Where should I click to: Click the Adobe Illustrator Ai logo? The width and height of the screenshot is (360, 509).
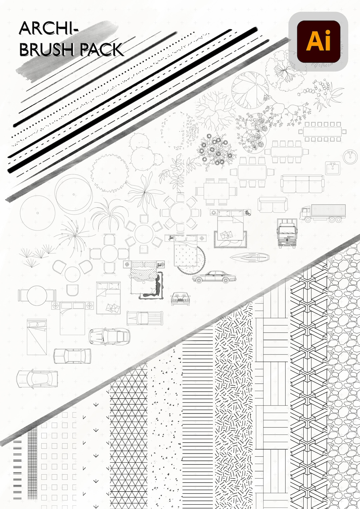pyautogui.click(x=318, y=42)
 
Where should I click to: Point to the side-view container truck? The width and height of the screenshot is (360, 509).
pyautogui.click(x=322, y=213)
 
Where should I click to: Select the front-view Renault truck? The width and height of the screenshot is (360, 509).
pyautogui.click(x=287, y=233)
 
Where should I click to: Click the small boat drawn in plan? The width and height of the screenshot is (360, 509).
pyautogui.click(x=250, y=257)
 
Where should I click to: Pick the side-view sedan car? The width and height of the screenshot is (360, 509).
pyautogui.click(x=214, y=277)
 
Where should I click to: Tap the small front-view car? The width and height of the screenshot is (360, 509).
pyautogui.click(x=180, y=298)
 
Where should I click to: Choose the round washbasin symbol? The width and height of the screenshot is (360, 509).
pyautogui.click(x=350, y=157)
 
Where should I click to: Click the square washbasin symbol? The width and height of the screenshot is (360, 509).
pyautogui.click(x=333, y=168)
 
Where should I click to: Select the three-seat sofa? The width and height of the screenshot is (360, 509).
pyautogui.click(x=302, y=184)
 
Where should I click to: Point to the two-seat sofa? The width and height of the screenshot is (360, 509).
pyautogui.click(x=272, y=205)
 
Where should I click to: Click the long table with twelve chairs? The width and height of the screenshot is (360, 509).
pyautogui.click(x=322, y=132)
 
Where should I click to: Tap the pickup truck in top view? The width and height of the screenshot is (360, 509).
pyautogui.click(x=145, y=318)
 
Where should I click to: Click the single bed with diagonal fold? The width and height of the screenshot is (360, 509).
pyautogui.click(x=37, y=337)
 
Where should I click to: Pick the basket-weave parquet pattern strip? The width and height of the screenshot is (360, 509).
pyautogui.click(x=271, y=400)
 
